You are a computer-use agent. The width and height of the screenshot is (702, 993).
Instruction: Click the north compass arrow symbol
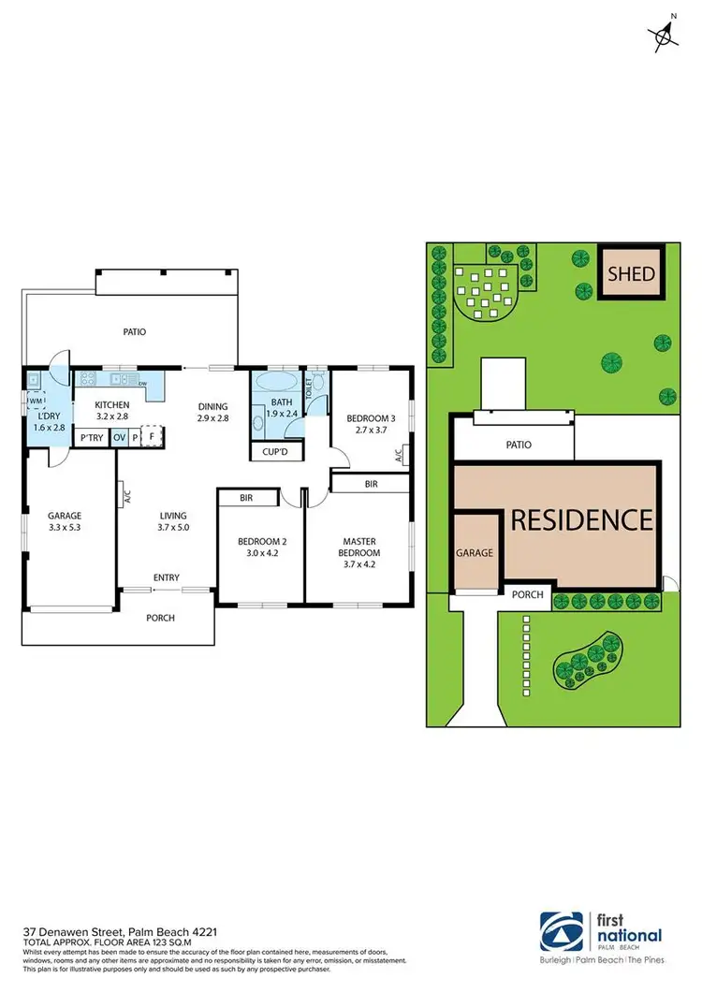665,35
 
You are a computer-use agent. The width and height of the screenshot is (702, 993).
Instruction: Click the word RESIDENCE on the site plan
580,518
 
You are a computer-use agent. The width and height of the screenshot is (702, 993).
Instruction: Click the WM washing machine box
37,401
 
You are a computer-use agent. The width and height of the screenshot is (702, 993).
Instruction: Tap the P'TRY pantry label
92,437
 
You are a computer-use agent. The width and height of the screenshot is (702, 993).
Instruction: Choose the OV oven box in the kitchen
119,437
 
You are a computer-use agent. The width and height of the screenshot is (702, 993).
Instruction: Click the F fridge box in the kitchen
152,436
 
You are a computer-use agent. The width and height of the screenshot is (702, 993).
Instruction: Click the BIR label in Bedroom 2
247,499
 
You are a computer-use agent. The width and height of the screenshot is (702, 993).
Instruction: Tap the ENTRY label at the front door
167,577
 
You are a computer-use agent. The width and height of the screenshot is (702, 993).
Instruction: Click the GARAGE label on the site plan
475,553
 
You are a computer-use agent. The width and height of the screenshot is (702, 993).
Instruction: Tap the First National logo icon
561,932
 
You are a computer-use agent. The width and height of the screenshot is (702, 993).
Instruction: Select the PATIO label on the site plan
518,445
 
